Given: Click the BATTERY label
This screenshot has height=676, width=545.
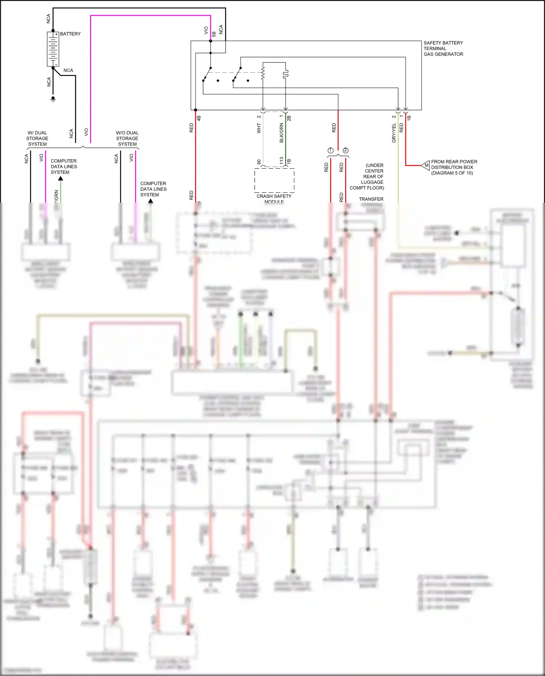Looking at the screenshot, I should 70,34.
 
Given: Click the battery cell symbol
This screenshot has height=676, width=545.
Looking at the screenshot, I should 53,49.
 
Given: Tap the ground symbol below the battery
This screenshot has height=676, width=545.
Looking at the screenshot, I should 53,99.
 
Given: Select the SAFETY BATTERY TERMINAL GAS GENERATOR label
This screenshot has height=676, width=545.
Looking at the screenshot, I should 443,48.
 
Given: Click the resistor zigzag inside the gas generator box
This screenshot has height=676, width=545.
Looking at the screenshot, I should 263,72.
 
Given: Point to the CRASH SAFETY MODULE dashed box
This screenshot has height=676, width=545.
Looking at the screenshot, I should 274,180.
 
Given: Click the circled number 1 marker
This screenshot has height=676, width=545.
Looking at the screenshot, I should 330,150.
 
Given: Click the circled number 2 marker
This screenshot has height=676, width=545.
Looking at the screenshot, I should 346,150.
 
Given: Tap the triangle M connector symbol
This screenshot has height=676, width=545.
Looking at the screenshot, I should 425,165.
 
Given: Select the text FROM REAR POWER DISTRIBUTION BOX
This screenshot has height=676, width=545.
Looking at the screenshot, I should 454,167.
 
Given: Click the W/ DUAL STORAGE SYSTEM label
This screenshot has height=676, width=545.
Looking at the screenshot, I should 37,138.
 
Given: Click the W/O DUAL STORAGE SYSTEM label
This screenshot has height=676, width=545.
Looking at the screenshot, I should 127,138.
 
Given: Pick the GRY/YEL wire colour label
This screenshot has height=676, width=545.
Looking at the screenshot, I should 394,133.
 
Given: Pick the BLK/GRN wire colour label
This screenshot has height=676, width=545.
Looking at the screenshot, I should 281,133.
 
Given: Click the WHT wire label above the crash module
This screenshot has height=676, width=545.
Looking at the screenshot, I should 259,128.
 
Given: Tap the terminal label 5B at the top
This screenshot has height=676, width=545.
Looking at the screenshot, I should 214,34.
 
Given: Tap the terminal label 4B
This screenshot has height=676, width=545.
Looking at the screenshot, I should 199,118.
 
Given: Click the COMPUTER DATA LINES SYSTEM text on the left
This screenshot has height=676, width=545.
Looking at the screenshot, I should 64,166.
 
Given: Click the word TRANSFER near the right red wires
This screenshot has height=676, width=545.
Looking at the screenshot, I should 371,199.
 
